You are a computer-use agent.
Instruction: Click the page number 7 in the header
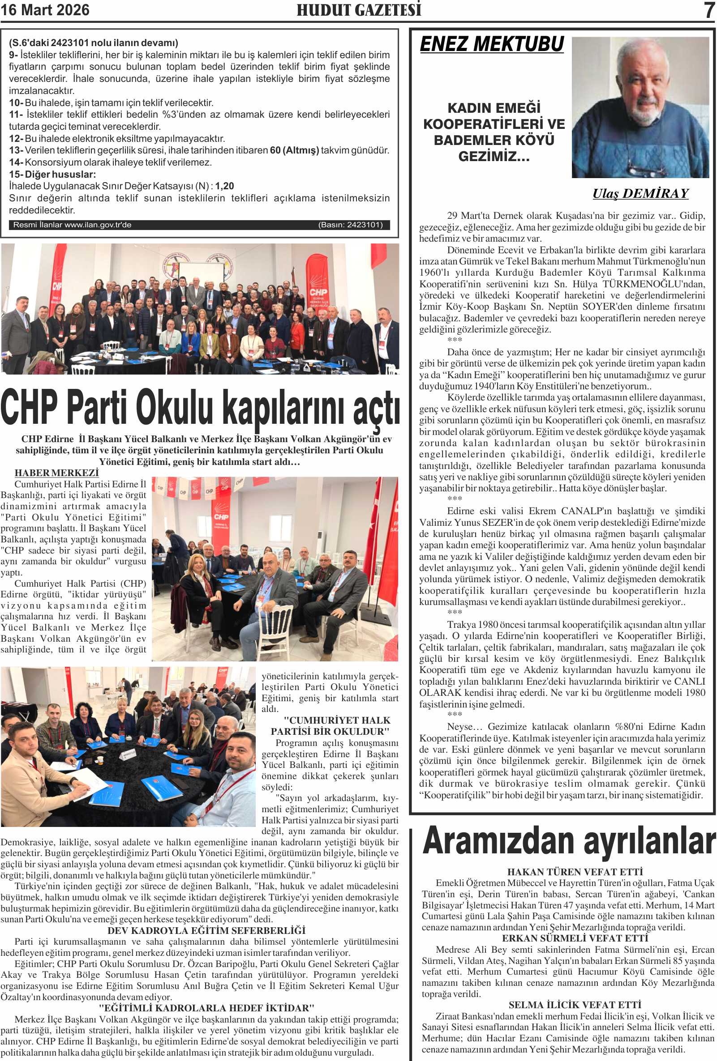[709, 10]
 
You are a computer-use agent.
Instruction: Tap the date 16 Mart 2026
[45, 10]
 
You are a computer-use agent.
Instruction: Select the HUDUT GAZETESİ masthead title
[359, 10]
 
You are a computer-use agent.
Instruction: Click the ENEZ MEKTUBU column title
[492, 44]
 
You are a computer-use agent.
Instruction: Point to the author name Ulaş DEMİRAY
[640, 194]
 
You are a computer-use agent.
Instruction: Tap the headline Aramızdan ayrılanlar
[569, 841]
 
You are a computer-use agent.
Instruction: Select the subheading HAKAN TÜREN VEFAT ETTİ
[575, 872]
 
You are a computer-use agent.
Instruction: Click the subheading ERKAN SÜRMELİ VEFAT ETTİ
[575, 938]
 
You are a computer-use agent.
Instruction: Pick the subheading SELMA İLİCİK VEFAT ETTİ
[575, 1005]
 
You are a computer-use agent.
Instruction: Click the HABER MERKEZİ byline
[57, 473]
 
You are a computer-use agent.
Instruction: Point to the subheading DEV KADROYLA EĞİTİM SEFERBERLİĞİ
[206, 930]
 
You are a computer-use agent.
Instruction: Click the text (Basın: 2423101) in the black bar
[350, 225]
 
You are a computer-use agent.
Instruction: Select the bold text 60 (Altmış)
[294, 150]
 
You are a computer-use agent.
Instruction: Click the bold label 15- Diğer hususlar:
[52, 175]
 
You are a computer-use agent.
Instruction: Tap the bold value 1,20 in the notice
[224, 186]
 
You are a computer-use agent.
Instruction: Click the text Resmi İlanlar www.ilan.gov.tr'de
[72, 225]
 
